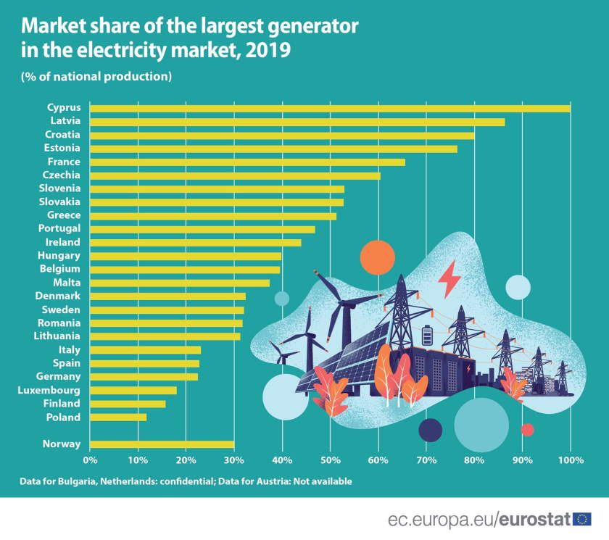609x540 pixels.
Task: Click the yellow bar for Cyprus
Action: (330, 108)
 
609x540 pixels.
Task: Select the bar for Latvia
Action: (297, 122)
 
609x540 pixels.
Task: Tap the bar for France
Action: (247, 162)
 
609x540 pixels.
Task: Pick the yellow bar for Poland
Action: (118, 417)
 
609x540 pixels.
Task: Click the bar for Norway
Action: (162, 444)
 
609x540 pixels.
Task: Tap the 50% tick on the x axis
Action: (330, 460)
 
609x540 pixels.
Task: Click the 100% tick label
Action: (570, 460)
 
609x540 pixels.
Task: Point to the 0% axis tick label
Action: (90, 460)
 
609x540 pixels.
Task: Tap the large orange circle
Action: (377, 257)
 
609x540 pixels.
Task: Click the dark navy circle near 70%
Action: (430, 430)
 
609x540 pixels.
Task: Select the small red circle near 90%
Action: (527, 430)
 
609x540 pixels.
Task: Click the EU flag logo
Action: (581, 518)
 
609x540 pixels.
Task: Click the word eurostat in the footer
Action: (535, 519)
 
